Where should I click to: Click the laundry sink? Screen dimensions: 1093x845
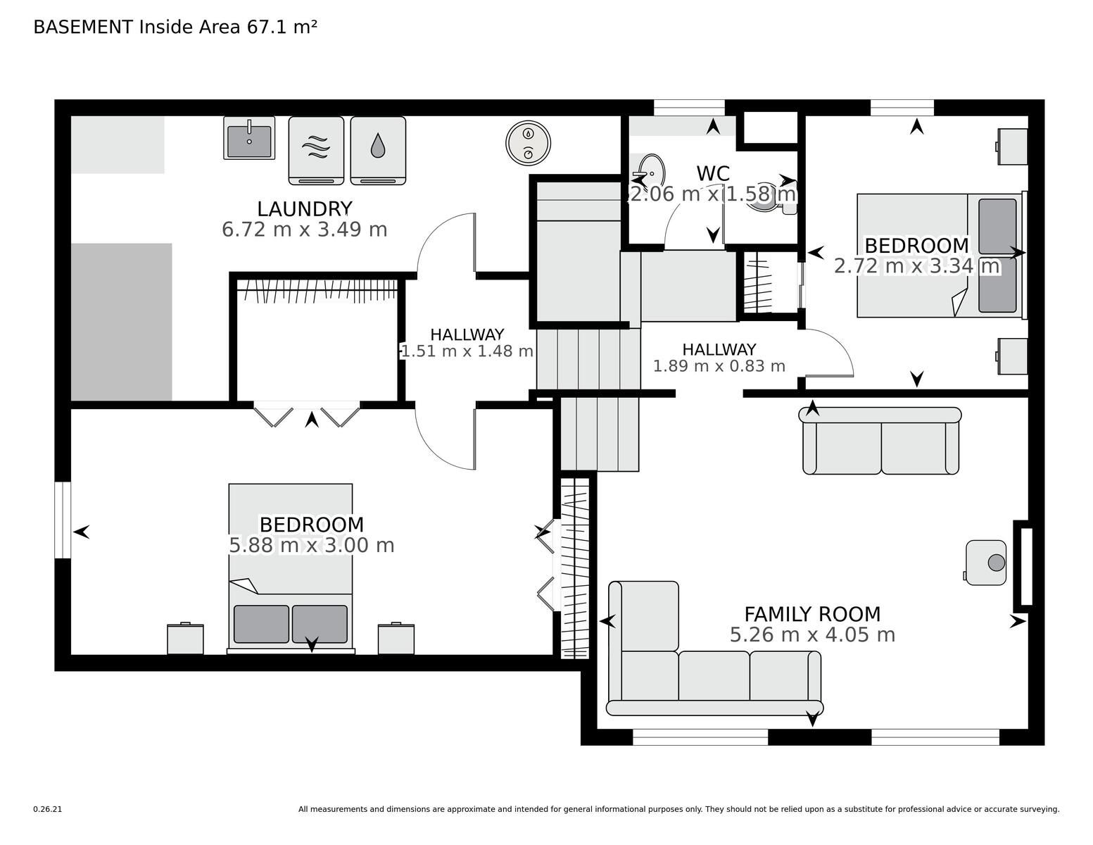click(249, 138)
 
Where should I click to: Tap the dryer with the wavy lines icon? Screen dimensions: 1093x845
click(316, 151)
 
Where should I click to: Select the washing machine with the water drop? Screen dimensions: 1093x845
click(378, 151)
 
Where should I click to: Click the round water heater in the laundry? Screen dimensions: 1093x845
click(528, 142)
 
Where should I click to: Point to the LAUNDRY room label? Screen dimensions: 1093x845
click(304, 208)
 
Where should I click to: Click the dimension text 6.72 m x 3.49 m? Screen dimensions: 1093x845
click(304, 230)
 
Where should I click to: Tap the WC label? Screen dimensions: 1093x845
click(713, 174)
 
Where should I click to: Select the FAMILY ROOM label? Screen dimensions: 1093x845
click(812, 614)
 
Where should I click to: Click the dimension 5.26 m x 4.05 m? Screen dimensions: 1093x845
click(812, 634)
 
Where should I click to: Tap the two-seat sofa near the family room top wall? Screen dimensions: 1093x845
click(880, 441)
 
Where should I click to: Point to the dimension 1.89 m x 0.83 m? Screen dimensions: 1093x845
click(719, 366)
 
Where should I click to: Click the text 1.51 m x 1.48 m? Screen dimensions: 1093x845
click(467, 351)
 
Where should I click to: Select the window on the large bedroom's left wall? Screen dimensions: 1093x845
click(63, 520)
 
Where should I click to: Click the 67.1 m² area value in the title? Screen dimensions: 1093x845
click(282, 27)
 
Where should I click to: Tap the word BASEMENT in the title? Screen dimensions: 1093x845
click(83, 27)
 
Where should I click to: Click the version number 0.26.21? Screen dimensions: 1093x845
click(47, 809)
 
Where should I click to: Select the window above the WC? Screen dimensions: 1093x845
click(689, 107)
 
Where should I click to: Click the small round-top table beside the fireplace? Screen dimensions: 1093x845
click(986, 563)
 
